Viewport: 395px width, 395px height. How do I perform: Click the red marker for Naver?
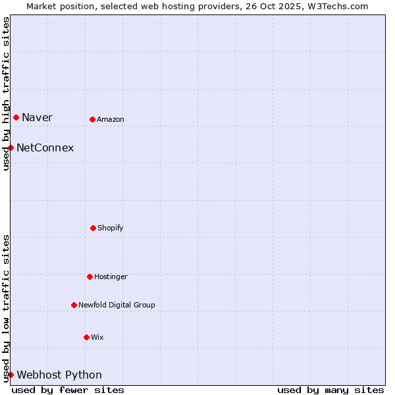point(16,117)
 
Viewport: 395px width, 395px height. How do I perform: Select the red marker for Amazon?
point(92,119)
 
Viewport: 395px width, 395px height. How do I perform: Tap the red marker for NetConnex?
point(11,147)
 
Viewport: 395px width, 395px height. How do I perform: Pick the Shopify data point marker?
point(93,228)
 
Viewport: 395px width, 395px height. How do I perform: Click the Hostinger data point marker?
point(90,276)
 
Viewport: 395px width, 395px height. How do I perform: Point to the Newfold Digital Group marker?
point(74,305)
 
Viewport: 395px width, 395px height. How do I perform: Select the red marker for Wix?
point(86,337)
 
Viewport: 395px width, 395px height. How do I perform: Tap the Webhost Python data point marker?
point(11,375)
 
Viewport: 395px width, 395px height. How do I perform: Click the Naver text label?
point(37,118)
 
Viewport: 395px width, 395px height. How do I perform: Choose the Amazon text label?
point(111,120)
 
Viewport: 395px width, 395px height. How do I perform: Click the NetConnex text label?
point(45,148)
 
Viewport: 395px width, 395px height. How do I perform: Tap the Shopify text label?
point(111,228)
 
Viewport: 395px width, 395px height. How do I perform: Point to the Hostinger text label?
point(111,277)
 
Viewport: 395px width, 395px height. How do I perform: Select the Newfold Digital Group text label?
point(117,305)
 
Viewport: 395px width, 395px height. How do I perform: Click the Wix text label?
point(97,338)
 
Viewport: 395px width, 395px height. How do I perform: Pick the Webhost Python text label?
point(59,375)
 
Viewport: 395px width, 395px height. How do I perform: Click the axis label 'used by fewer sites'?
point(68,390)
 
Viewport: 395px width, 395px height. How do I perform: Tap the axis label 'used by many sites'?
point(330,390)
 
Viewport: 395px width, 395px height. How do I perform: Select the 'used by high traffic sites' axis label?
point(6,93)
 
